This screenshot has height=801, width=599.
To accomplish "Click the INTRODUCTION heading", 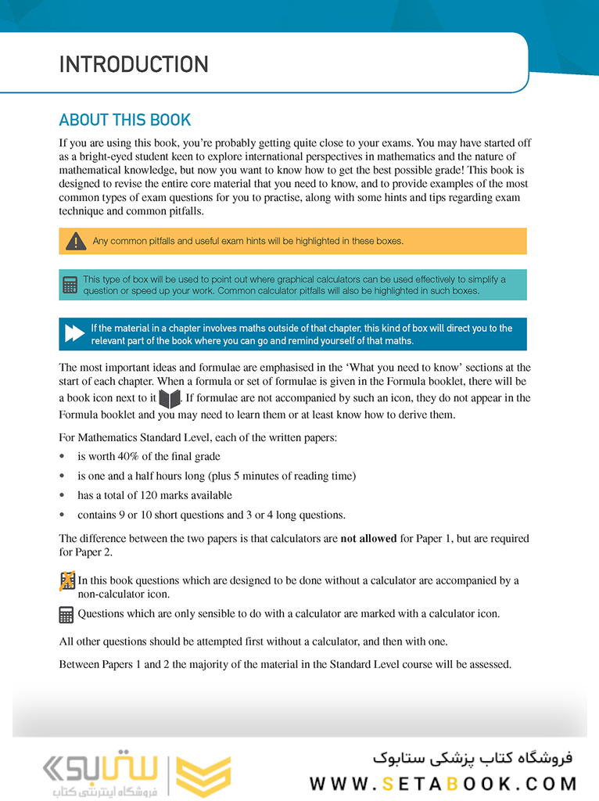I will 134,64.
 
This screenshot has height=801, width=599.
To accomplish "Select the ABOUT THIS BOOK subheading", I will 125,120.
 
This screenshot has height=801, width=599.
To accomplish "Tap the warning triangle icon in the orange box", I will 76,242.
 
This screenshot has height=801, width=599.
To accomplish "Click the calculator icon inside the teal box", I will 70,286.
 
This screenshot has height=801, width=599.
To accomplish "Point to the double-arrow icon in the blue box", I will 74,334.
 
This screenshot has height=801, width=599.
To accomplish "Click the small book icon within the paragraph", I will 169,399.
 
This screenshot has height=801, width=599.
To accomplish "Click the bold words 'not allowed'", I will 368,539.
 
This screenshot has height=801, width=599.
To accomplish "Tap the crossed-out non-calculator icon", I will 67,581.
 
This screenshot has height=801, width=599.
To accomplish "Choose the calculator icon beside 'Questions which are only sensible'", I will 67,615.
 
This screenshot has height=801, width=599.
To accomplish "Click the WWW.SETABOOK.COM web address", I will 443,784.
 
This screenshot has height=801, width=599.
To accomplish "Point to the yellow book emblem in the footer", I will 203,777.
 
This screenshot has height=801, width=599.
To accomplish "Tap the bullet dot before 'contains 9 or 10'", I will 63,515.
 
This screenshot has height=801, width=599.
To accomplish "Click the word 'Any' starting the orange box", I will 100,242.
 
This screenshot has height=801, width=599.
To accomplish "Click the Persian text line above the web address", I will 472,757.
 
